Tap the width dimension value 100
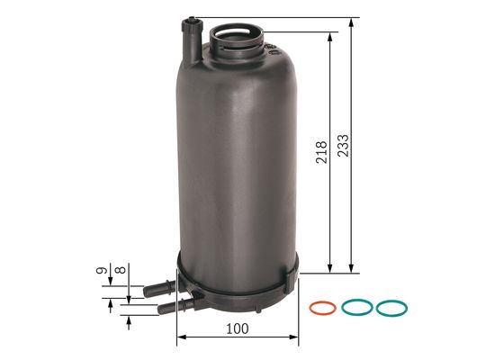click(238, 329)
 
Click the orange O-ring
click(320, 308)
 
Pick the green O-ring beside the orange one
click(356, 308)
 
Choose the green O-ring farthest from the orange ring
click(391, 308)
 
